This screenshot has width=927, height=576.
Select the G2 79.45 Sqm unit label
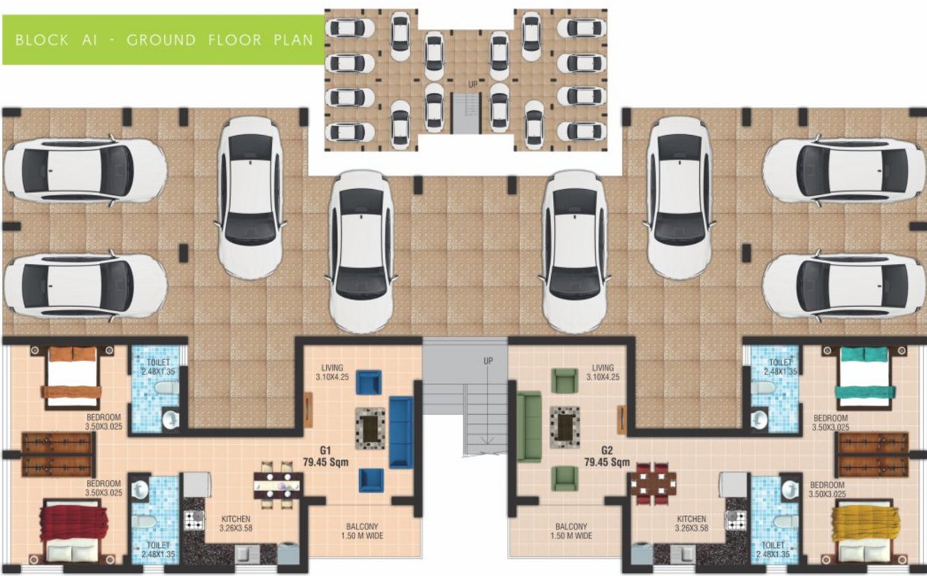coord(607,457)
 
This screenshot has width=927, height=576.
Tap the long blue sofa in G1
coord(401,433)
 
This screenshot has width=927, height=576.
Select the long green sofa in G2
coord(528,427)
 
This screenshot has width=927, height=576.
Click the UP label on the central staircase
coord(488,361)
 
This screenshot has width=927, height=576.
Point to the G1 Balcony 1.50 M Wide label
coord(362,531)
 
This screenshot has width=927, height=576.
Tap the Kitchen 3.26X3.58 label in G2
coord(691,523)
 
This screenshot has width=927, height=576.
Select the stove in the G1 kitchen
coord(194,520)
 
